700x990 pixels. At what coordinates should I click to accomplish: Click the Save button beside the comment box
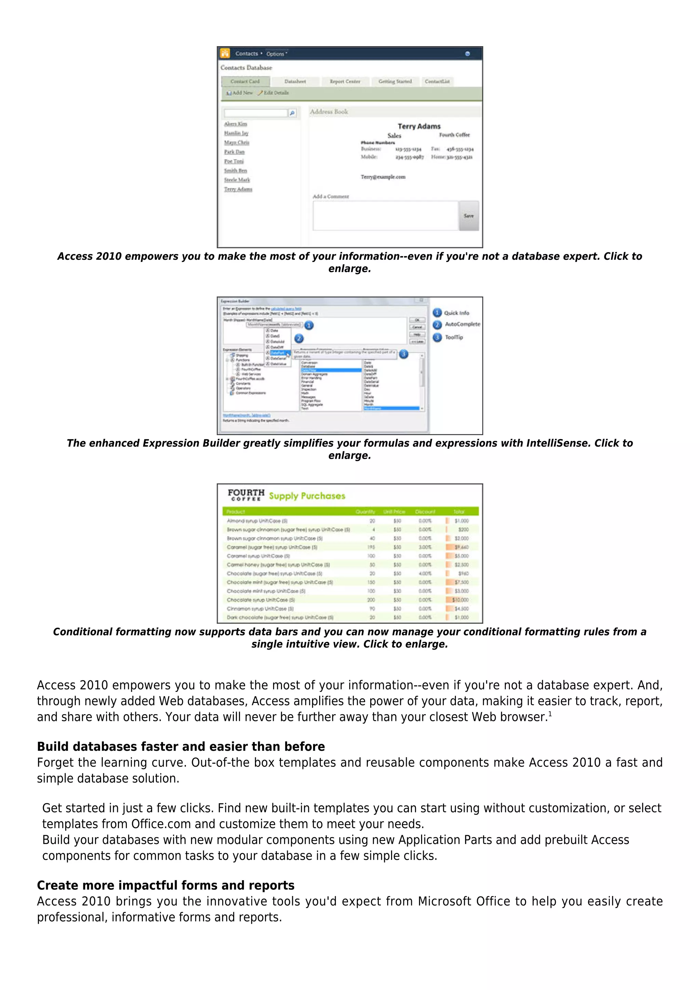click(x=469, y=216)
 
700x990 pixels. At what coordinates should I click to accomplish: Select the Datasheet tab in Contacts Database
click(x=295, y=81)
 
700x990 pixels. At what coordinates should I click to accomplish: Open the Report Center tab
click(x=345, y=81)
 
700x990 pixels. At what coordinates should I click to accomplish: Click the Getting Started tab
click(x=395, y=81)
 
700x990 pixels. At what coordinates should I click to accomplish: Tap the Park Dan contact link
click(x=234, y=152)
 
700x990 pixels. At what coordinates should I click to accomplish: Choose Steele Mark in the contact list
click(x=237, y=180)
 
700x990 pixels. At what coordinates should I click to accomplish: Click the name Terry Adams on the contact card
click(x=419, y=126)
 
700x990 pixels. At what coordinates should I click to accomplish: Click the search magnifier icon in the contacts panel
click(x=292, y=113)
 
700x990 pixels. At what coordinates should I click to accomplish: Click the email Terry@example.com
click(x=383, y=177)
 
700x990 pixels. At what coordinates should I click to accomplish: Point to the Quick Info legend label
click(x=456, y=313)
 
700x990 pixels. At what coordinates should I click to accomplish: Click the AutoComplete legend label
click(x=462, y=324)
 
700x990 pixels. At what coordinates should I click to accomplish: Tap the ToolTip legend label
click(x=454, y=337)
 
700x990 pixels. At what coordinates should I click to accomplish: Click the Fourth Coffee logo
click(x=246, y=495)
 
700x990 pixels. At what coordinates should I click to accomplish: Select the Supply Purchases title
click(x=307, y=496)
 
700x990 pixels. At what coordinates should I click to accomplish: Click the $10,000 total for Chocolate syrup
click(x=460, y=600)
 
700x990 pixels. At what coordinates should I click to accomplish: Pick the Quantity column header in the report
click(x=365, y=512)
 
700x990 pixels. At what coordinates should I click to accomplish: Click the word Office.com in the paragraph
click(x=161, y=824)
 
